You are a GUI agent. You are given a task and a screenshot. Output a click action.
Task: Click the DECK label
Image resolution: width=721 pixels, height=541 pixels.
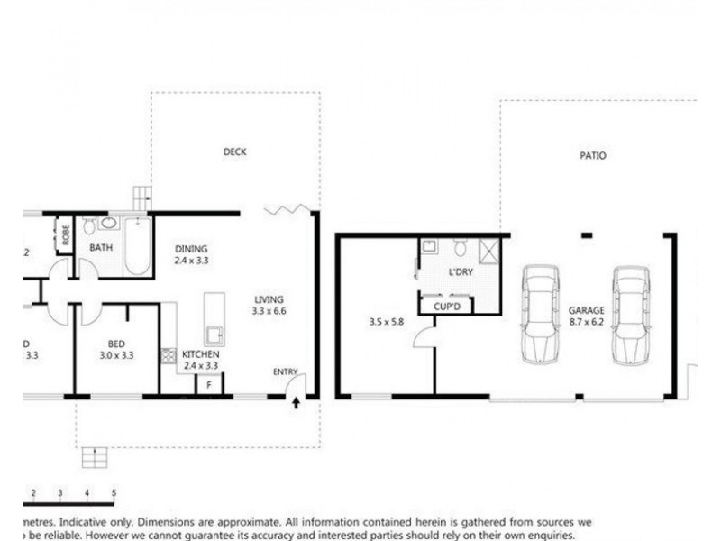pos(235,151)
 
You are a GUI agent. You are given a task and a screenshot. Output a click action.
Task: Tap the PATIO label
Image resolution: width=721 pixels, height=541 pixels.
pos(592,155)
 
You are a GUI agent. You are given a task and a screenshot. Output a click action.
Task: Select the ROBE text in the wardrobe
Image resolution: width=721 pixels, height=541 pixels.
pos(66,234)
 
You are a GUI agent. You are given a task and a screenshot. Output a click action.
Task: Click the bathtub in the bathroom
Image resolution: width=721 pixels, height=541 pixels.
pos(137,245)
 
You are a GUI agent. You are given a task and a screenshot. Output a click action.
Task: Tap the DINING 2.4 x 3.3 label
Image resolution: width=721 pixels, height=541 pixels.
pos(191,255)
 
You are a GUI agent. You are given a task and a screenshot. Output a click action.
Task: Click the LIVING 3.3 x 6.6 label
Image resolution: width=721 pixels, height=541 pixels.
pos(269,305)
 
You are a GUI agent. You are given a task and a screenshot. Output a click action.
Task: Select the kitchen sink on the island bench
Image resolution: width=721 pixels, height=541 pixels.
pos(214,335)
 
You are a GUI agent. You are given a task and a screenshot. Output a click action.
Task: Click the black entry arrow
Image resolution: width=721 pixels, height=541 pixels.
pos(296,403)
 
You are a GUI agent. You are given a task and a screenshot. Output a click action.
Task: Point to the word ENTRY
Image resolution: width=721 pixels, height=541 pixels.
pos(285,371)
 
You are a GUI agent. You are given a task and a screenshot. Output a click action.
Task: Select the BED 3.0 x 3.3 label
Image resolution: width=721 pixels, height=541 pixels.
pos(116,349)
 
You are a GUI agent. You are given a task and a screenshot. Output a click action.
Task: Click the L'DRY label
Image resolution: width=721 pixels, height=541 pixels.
pos(461,271)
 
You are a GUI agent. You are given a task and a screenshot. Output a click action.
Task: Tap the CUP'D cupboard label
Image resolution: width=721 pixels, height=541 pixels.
pos(447,306)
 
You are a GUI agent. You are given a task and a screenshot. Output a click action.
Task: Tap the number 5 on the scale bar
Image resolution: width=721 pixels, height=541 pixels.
pos(114,492)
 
